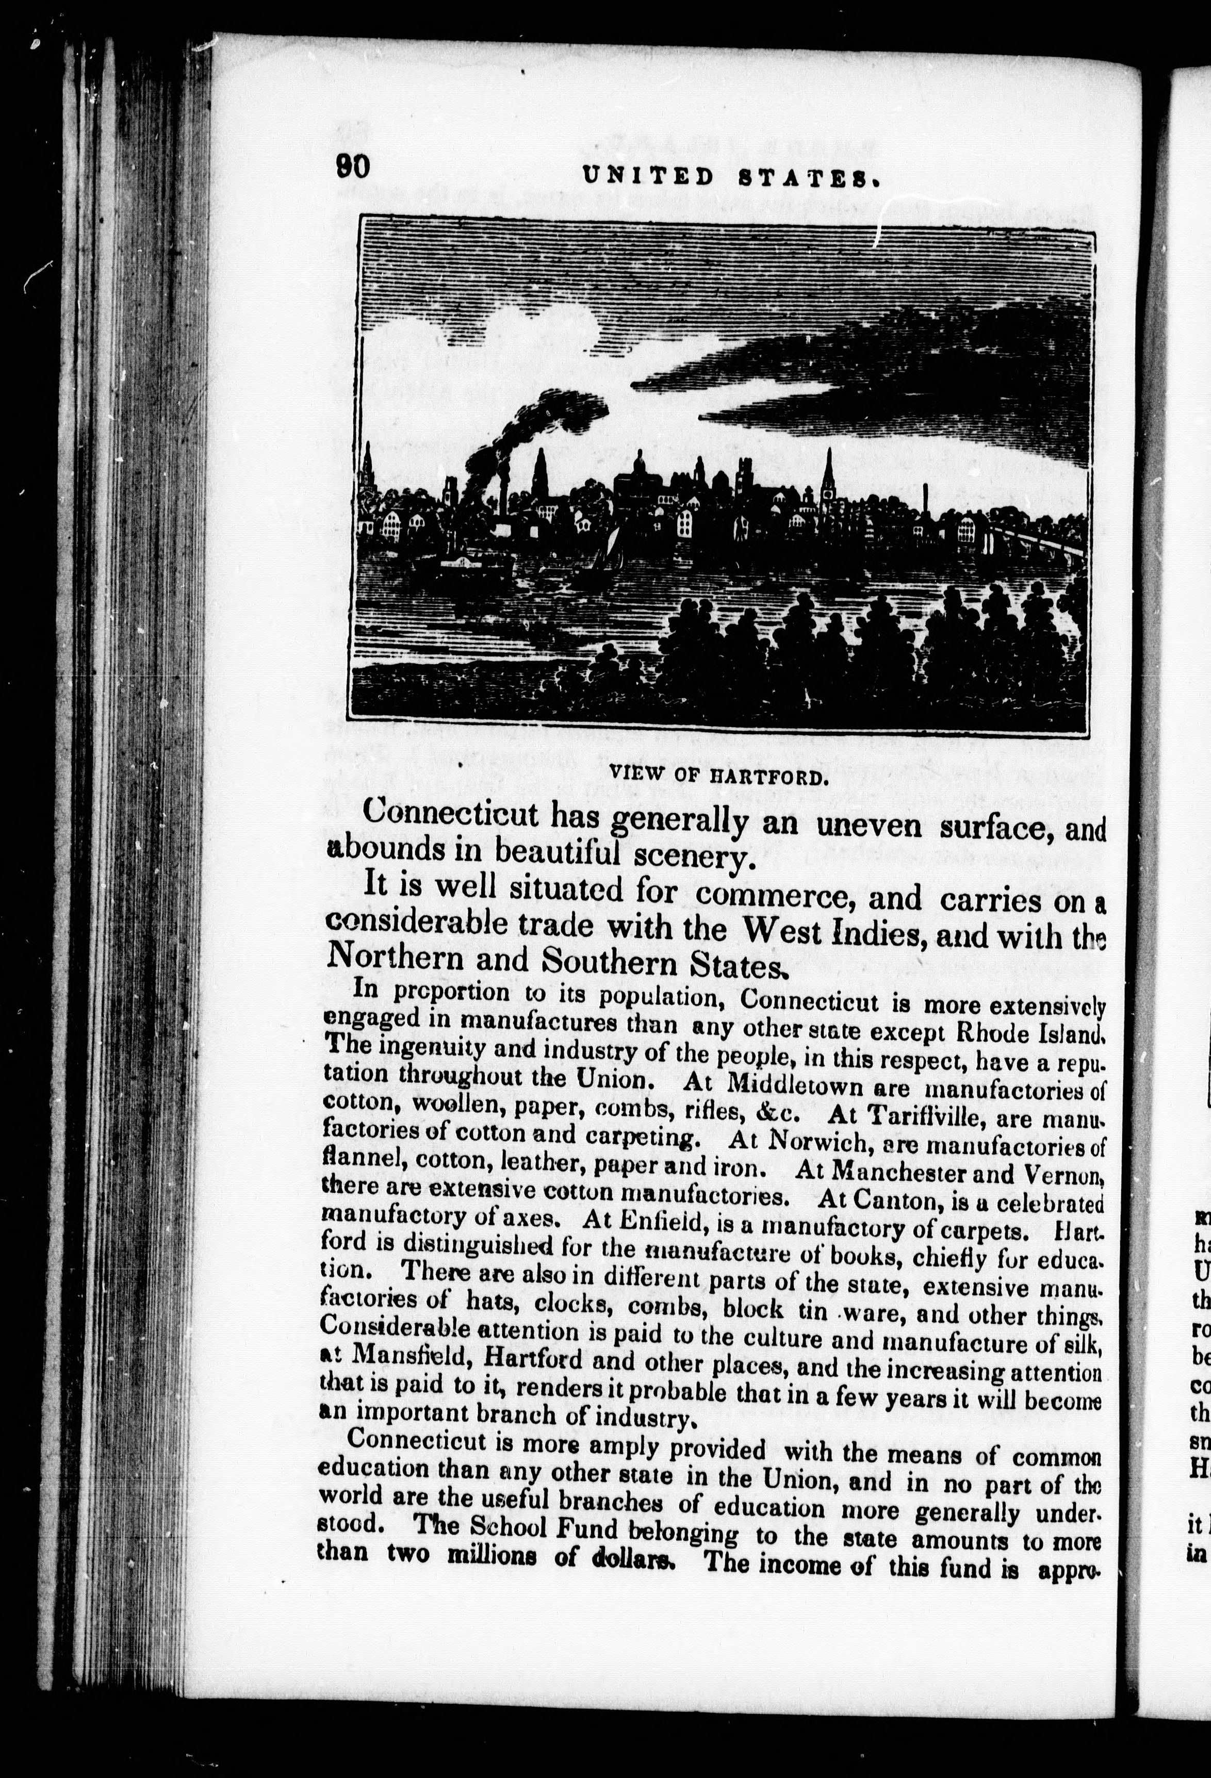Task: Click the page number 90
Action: click(352, 167)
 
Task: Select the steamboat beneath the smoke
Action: click(474, 562)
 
